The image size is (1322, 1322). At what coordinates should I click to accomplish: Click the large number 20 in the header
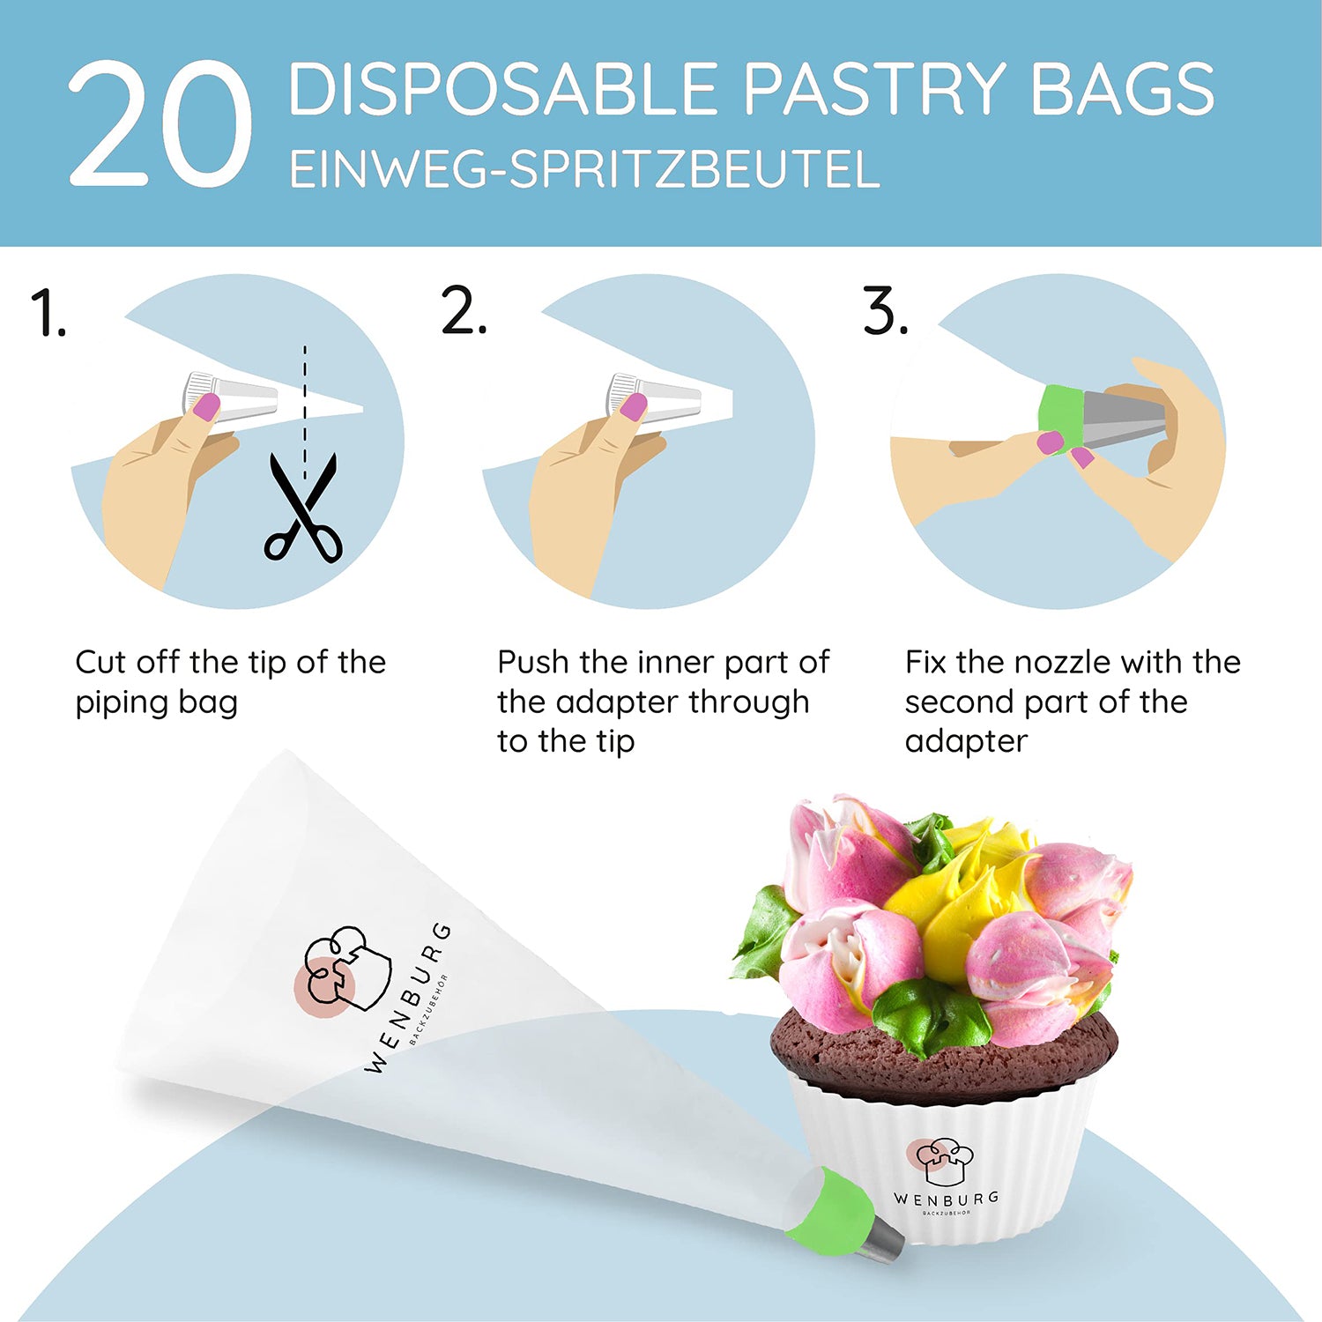pyautogui.click(x=160, y=123)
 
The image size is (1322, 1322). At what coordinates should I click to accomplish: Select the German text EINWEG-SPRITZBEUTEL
pyautogui.click(x=584, y=169)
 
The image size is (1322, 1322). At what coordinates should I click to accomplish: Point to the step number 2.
pyautogui.click(x=463, y=310)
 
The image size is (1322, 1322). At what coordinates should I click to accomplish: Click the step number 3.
pyautogui.click(x=885, y=310)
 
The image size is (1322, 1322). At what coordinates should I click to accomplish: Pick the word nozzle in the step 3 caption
pyautogui.click(x=1043, y=662)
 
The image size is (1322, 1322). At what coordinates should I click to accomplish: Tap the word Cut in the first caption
pyautogui.click(x=101, y=662)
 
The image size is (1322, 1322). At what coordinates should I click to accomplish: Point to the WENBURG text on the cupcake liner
pyautogui.click(x=946, y=1199)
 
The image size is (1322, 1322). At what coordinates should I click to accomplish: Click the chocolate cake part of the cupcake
pyautogui.click(x=943, y=1053)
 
